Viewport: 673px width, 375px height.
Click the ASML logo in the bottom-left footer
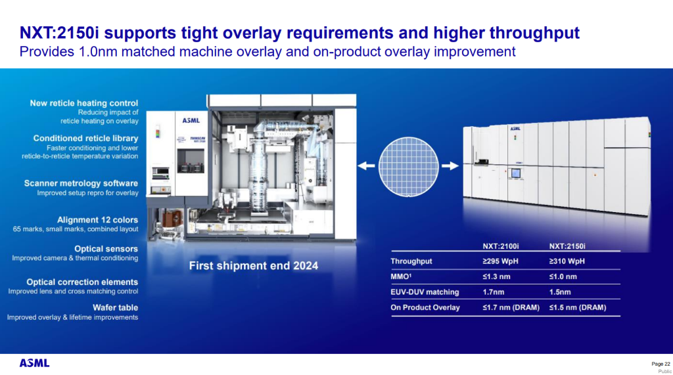coord(34,363)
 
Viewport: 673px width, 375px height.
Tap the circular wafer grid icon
coord(408,166)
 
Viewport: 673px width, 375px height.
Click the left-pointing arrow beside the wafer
coord(366,165)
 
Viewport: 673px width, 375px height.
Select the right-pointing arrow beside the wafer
coord(450,165)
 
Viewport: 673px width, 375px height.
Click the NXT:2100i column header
coord(500,246)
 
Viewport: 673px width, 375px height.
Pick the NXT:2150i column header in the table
coord(567,246)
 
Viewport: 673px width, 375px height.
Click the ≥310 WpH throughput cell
coord(567,261)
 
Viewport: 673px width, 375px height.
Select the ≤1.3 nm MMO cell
coord(496,276)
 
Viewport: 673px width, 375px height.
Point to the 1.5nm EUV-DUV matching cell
coord(560,292)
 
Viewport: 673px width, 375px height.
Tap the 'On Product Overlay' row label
coord(425,307)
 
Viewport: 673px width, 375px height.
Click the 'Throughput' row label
coord(411,261)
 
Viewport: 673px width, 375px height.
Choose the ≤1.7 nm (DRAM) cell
coord(511,307)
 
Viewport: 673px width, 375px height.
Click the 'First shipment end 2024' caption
coord(254,266)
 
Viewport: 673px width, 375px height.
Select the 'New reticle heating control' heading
coord(84,103)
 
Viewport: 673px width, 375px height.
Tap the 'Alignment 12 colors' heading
coord(97,219)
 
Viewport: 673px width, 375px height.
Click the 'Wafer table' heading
coord(116,307)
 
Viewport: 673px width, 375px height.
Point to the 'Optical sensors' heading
coord(106,249)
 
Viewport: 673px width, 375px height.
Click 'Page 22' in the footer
coord(661,364)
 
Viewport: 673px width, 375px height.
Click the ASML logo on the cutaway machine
coord(191,121)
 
